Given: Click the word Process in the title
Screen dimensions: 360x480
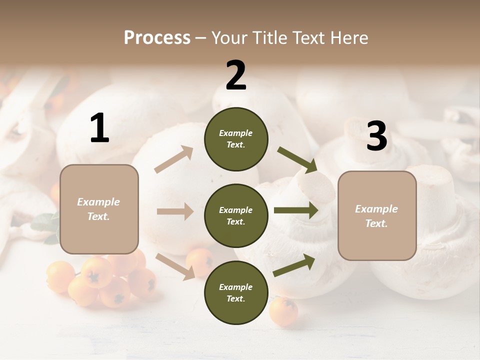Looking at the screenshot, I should tap(157, 37).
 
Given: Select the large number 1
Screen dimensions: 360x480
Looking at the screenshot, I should tap(99, 128).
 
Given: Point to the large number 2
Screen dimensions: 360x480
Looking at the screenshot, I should tap(236, 75).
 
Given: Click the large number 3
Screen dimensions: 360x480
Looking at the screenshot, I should tap(377, 136).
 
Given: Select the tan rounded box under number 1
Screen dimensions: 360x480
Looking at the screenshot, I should tap(99, 209).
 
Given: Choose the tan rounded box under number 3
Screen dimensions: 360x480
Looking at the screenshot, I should tap(377, 216).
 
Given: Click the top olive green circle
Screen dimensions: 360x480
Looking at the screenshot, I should tap(236, 139).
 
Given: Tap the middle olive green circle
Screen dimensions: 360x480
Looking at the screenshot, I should tap(236, 215).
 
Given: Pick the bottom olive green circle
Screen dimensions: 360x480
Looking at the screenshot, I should tap(236, 292).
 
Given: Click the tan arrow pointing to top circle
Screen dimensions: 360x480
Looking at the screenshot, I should tap(174, 159).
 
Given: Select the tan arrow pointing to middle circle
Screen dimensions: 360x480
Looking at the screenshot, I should tap(175, 211).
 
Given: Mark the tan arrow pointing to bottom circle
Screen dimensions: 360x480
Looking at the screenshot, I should tap(175, 265).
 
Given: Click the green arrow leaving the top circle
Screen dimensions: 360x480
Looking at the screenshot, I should tap(297, 160).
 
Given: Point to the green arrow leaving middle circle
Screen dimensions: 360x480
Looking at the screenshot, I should tap(296, 210).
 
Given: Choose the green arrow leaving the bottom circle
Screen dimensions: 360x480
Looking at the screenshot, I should tap(294, 265).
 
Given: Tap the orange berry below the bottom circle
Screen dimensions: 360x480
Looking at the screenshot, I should tap(283, 311).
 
